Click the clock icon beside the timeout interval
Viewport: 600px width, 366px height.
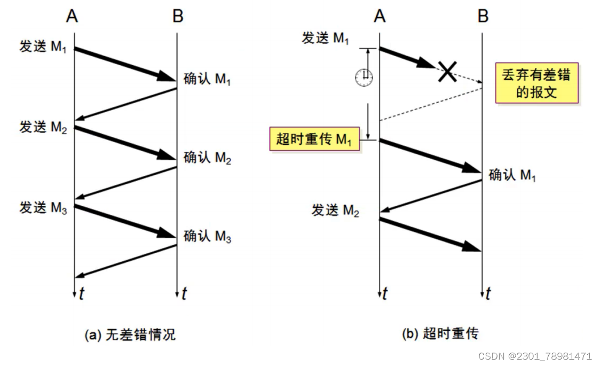pyautogui.click(x=364, y=77)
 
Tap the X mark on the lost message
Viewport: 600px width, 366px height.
pyautogui.click(x=447, y=71)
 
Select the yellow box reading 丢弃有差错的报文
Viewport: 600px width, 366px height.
pyautogui.click(x=536, y=83)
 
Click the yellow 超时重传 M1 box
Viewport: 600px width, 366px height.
pyautogui.click(x=314, y=140)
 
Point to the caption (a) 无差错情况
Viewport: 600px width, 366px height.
pyautogui.click(x=130, y=335)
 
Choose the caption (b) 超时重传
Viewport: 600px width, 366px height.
pyautogui.click(x=440, y=334)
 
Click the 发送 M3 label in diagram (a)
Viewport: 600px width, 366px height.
pyautogui.click(x=43, y=208)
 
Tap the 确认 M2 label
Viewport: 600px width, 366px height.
pyautogui.click(x=207, y=158)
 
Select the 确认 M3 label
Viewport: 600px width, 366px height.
pyautogui.click(x=207, y=236)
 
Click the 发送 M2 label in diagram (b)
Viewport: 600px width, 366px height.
pyautogui.click(x=335, y=211)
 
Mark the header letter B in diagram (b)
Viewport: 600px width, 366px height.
pyautogui.click(x=483, y=17)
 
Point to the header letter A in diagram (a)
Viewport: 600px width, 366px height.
pyautogui.click(x=73, y=17)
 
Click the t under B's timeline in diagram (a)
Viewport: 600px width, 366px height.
pyautogui.click(x=184, y=293)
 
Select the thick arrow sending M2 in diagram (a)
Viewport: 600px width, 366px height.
pyautogui.click(x=125, y=143)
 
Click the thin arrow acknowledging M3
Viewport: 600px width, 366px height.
pyautogui.click(x=126, y=261)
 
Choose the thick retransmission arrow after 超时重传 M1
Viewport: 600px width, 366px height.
pyautogui.click(x=430, y=156)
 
